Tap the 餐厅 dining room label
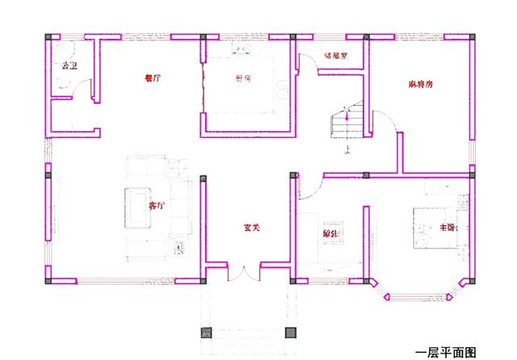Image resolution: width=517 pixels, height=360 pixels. (x=151, y=78)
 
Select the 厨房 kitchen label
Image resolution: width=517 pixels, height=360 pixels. (x=242, y=78)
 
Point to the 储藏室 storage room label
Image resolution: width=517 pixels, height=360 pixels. (x=334, y=57)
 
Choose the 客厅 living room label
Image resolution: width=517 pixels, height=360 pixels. (x=157, y=206)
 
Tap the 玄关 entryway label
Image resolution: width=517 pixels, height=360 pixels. (x=251, y=228)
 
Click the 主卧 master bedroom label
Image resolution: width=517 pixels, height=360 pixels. (x=448, y=228)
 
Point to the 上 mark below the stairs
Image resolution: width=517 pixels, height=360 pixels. (x=347, y=149)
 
